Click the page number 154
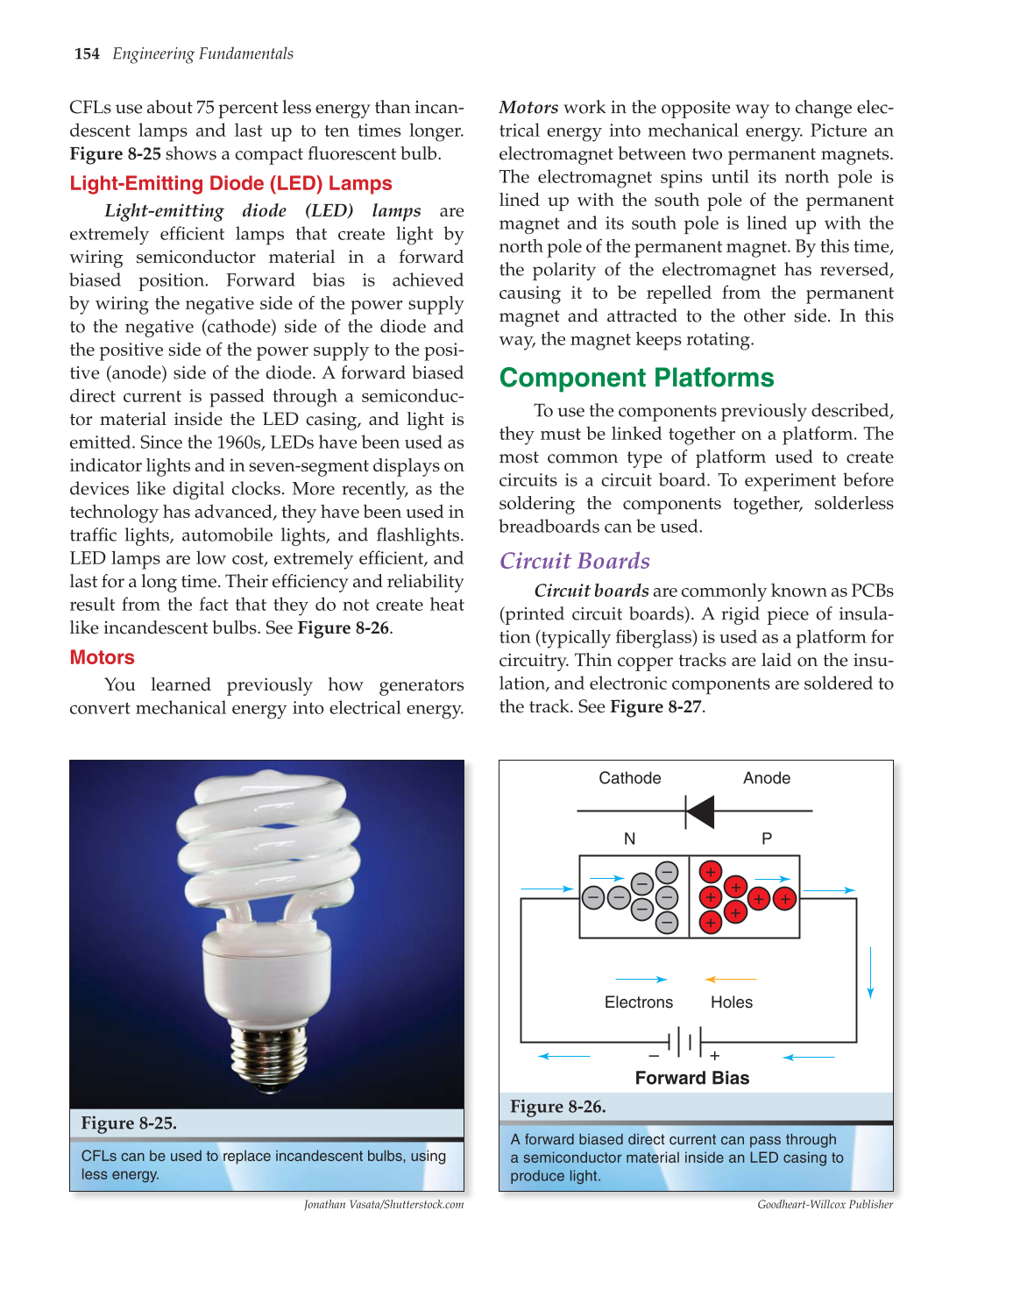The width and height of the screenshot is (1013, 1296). (87, 54)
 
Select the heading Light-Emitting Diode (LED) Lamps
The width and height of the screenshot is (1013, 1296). (230, 184)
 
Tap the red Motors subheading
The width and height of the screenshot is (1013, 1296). (102, 658)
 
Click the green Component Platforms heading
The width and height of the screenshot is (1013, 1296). (636, 379)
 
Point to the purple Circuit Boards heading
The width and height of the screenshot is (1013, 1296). (575, 562)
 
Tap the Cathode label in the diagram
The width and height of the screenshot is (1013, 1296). (629, 778)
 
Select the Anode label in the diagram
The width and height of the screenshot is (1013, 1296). (767, 778)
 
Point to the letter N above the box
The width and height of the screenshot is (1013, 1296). (629, 839)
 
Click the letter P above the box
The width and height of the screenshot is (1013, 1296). (767, 839)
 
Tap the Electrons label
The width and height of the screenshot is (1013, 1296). (639, 1002)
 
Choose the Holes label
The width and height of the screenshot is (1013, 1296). (732, 1002)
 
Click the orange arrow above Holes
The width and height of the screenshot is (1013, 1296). (730, 980)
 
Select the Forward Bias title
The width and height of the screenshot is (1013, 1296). (692, 1079)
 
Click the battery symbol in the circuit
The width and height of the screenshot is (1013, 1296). (690, 1043)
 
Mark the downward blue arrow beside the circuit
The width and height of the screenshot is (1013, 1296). (870, 973)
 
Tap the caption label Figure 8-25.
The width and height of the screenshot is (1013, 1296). (129, 1123)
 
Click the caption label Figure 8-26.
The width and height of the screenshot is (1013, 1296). (558, 1107)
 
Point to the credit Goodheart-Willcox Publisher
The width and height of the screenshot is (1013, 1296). (825, 1205)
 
